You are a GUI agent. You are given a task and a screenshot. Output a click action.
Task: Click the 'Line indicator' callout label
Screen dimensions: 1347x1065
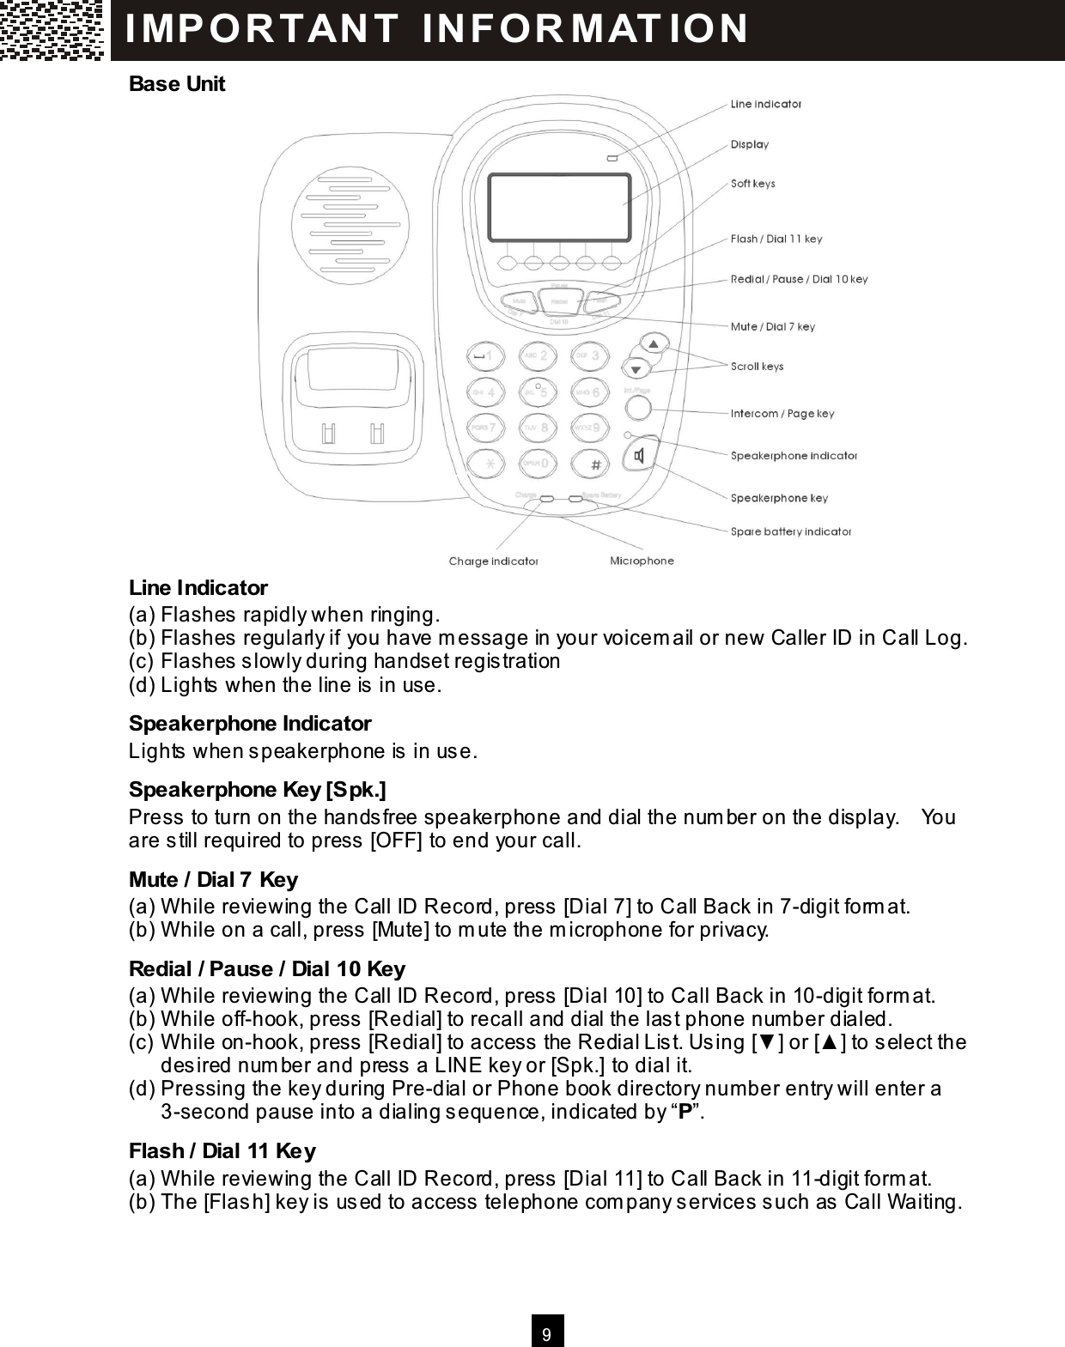[765, 104]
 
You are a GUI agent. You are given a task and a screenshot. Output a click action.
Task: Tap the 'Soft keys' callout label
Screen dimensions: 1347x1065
[752, 184]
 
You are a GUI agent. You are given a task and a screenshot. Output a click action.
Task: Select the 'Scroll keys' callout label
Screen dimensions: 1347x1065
[757, 367]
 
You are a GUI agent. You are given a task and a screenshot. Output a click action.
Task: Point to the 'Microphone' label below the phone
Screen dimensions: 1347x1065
[642, 561]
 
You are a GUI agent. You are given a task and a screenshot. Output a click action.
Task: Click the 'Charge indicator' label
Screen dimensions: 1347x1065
[493, 561]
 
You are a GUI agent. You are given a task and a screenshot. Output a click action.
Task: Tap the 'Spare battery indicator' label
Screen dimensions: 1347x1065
[790, 531]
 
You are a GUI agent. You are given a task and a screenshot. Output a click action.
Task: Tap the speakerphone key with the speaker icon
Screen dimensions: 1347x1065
[641, 454]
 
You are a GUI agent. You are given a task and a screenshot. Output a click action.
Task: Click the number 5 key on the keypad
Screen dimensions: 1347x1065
[538, 392]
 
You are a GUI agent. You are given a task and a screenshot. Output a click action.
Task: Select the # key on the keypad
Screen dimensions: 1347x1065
[592, 464]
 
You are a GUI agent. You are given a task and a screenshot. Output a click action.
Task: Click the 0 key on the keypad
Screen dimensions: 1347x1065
[538, 464]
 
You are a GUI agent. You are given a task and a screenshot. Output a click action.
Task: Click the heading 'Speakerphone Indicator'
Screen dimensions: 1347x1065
[249, 723]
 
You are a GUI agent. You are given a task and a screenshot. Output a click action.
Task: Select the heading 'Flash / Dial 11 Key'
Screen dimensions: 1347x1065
[222, 1150]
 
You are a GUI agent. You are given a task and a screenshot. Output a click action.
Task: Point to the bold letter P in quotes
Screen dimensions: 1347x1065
[685, 1112]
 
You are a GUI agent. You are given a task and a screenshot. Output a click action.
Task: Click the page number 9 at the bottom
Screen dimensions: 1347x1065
[547, 1334]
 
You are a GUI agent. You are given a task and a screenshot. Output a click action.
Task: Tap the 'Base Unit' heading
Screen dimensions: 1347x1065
[176, 84]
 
